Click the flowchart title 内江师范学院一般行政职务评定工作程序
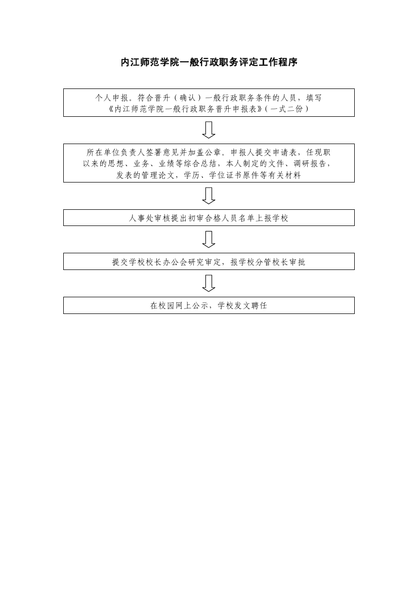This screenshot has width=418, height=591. [209, 62]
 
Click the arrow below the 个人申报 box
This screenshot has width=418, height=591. [208, 129]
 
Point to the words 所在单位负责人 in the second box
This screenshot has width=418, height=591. [116, 153]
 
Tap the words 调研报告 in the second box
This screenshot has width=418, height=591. [310, 164]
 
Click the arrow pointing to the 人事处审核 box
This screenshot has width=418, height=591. [208, 196]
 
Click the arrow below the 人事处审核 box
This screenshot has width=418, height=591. [208, 239]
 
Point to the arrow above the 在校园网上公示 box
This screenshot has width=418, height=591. [208, 283]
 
